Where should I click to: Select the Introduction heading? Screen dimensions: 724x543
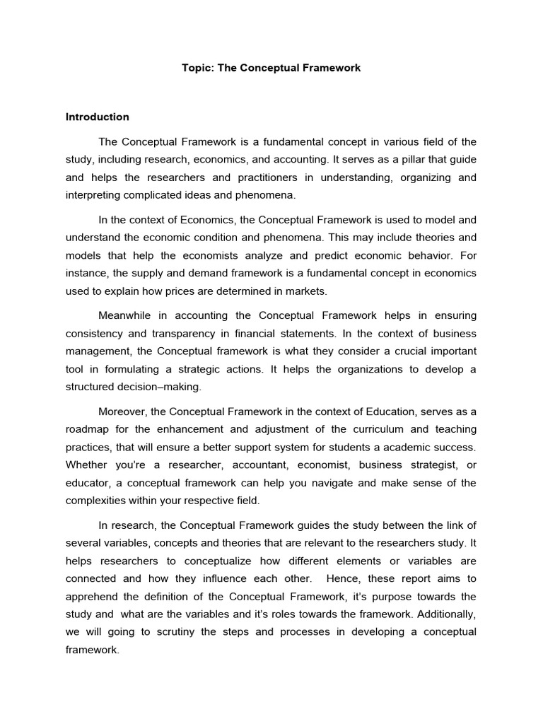[x=97, y=117]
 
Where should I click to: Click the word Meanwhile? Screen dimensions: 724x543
[x=128, y=315]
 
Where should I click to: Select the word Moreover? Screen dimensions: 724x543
[x=121, y=412]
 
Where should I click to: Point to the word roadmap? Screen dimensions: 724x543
[x=88, y=430]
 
